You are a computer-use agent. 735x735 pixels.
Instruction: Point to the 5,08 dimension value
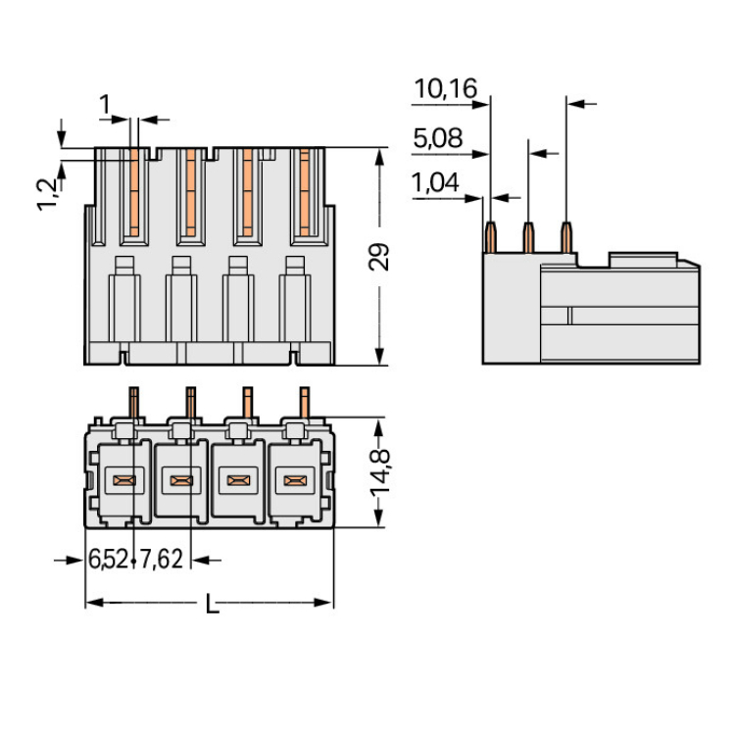click(x=437, y=138)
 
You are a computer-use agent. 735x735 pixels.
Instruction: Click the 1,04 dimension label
click(x=436, y=182)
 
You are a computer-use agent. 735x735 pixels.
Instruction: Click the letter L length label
click(x=211, y=605)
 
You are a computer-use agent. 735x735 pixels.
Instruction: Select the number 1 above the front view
click(x=106, y=103)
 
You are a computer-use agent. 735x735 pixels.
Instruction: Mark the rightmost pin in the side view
click(x=566, y=235)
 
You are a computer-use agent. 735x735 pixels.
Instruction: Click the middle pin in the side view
click(x=528, y=235)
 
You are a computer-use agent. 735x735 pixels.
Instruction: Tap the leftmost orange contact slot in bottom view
click(x=123, y=480)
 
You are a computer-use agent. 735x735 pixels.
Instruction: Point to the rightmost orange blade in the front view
click(x=305, y=191)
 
